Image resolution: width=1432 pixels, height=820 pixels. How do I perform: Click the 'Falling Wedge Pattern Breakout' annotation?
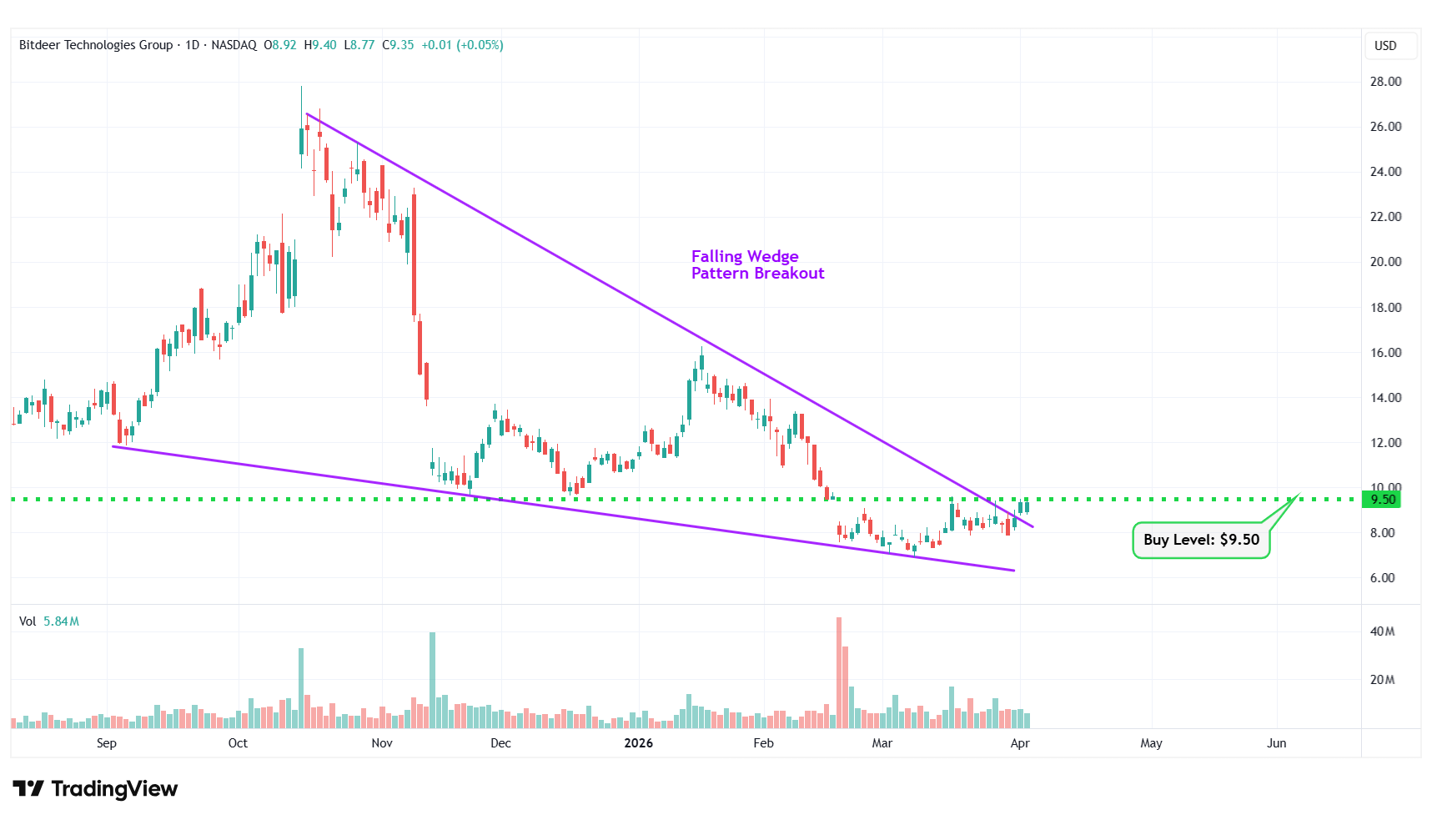tap(757, 264)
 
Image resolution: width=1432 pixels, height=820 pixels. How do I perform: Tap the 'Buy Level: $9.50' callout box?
tap(1200, 540)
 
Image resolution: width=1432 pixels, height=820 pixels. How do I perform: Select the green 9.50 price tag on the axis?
tap(1383, 500)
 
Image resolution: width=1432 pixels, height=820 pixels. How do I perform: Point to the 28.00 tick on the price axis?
tap(1385, 82)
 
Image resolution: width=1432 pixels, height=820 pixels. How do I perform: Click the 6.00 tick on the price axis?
tap(1382, 577)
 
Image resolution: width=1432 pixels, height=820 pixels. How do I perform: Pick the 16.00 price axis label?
tap(1385, 352)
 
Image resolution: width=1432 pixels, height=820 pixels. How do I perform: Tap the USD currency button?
tap(1385, 46)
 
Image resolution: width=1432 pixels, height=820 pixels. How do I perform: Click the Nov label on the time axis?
tap(382, 743)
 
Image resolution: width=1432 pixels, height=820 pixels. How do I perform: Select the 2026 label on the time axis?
tap(638, 743)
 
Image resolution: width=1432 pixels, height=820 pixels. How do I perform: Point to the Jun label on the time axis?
tap(1276, 743)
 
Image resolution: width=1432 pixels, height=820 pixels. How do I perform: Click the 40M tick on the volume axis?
tap(1382, 631)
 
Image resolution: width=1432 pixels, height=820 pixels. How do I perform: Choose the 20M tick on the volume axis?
tap(1382, 680)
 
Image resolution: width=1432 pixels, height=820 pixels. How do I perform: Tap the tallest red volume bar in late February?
tap(839, 672)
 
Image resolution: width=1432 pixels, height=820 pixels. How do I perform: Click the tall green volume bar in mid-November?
tap(432, 680)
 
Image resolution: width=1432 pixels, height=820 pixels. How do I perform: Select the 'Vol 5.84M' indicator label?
tap(49, 621)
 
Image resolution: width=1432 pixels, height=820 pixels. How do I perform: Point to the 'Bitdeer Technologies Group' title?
tap(96, 45)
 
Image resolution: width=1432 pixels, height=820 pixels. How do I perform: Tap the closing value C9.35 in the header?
tap(398, 45)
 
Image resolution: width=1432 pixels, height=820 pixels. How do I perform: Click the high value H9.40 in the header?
tap(320, 45)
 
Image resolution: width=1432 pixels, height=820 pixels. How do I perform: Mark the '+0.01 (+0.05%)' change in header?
tap(462, 45)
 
